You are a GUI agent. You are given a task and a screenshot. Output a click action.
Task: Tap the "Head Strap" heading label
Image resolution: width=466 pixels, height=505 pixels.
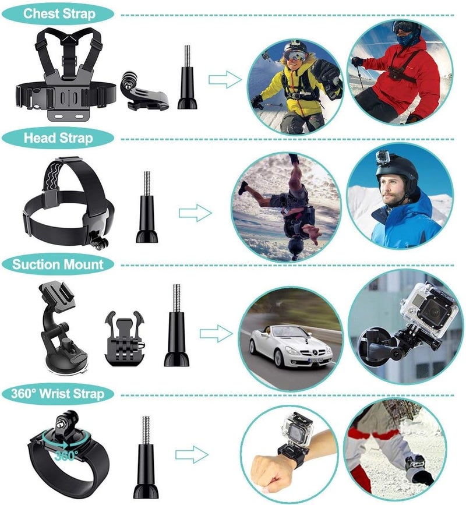coord(58,138)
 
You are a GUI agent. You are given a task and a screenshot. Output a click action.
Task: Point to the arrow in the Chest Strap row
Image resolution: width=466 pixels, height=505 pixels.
coord(225,80)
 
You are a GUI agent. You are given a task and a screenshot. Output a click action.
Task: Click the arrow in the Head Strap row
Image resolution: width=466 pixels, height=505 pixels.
coord(195,213)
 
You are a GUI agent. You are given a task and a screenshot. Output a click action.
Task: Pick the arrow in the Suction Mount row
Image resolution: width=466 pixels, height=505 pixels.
coord(216,334)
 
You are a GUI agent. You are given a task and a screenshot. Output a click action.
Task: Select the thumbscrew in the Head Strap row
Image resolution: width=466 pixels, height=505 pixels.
coord(146,209)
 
